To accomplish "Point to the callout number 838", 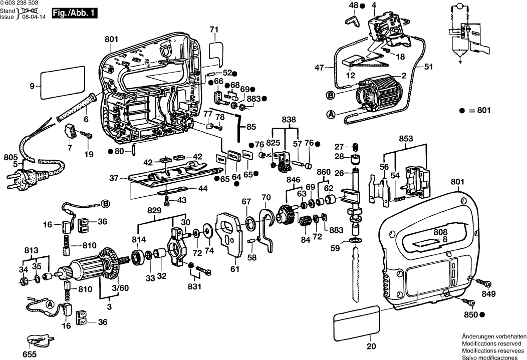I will click(288, 120).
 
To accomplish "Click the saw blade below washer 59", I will click(357, 275).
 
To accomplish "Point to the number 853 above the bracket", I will click(406, 139).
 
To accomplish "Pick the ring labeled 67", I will click(249, 222).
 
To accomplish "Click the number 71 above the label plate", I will click(214, 30).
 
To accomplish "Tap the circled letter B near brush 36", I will click(105, 203).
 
